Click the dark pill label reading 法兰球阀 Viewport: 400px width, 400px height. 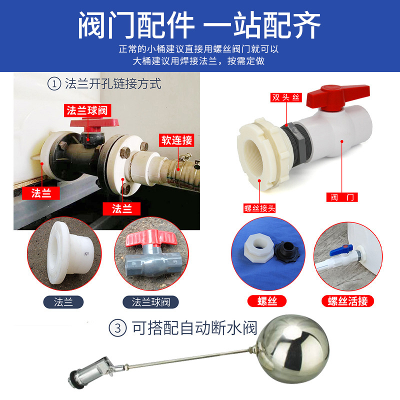tap(151, 302)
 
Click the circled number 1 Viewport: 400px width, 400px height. tap(54, 83)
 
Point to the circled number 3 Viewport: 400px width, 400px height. tap(118, 328)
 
